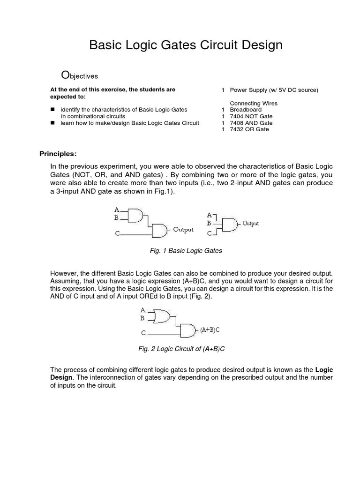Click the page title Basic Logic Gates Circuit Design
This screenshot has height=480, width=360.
point(186,45)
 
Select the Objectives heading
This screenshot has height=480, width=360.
point(80,75)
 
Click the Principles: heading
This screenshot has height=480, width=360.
point(57,154)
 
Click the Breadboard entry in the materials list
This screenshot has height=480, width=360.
point(246,110)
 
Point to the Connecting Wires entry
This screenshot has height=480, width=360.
point(253,103)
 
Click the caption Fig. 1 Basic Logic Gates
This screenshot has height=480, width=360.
point(186,251)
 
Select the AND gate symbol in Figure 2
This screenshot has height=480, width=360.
point(188,330)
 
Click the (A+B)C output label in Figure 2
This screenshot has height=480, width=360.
point(210,330)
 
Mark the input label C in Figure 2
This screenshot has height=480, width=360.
point(143,333)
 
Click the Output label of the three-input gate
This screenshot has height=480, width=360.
point(250,224)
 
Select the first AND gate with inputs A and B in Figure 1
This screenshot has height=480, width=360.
point(136,215)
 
